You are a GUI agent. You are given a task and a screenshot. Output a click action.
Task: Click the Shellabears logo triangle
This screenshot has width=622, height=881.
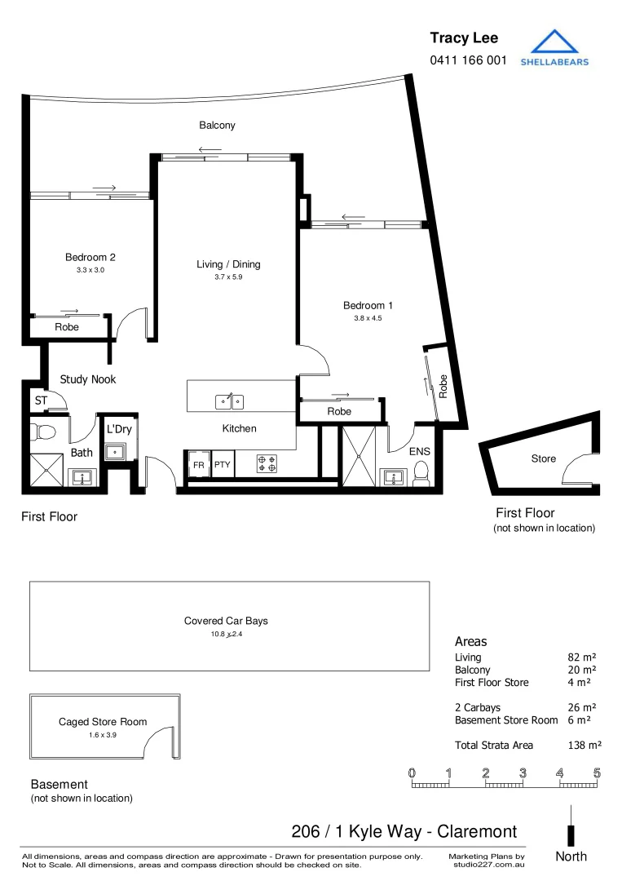[x=554, y=42]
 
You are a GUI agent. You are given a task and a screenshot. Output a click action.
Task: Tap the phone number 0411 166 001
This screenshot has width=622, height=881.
[x=468, y=60]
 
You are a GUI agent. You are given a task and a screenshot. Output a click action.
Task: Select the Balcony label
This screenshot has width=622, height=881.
[x=218, y=126]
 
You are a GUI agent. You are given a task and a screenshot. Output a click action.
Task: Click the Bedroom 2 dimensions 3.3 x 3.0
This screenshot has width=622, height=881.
[x=90, y=269]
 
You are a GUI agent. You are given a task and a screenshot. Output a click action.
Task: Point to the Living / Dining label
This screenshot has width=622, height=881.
[x=228, y=264]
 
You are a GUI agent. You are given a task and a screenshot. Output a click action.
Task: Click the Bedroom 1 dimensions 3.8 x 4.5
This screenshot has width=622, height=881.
[x=368, y=318]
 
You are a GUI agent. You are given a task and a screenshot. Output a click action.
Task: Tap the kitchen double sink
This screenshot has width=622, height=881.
[x=228, y=401]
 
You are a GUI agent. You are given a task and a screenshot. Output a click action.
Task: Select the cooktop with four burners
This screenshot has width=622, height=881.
[x=267, y=464]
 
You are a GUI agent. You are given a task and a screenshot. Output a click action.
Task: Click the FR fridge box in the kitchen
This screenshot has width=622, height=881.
[x=198, y=465]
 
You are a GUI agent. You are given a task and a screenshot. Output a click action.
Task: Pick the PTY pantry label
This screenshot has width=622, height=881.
[x=222, y=465]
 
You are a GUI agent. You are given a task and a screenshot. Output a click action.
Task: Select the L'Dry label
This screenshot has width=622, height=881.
[x=119, y=429]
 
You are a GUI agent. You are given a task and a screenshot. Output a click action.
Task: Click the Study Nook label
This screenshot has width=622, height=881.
[x=88, y=379]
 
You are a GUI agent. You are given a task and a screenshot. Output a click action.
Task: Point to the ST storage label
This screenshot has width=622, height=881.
[x=41, y=401]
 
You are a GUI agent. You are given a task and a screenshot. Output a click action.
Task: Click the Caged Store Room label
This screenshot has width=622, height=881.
[x=103, y=722]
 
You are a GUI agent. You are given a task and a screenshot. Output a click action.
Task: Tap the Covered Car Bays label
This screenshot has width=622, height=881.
[x=226, y=621]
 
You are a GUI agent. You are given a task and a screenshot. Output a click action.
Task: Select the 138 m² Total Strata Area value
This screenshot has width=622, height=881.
[x=585, y=745]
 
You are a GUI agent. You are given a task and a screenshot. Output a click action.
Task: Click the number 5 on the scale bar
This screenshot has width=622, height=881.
[x=597, y=773]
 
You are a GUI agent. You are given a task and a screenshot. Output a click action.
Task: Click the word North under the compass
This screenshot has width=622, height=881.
[x=571, y=857]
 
